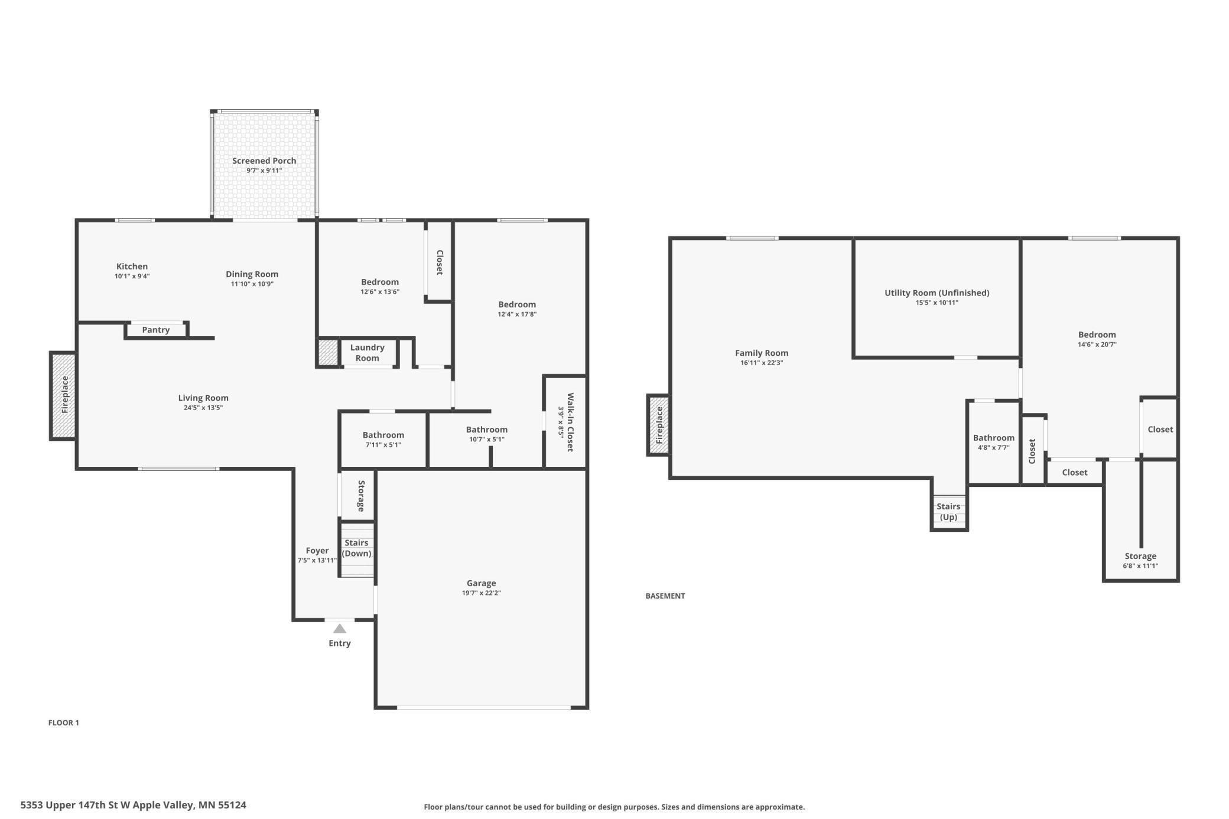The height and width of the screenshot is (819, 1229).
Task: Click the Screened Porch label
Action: [x=264, y=161]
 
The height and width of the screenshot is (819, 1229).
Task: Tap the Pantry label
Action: [x=156, y=330]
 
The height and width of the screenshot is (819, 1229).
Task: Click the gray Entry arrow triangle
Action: [x=339, y=629]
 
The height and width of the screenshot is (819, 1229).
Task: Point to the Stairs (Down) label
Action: [x=356, y=548]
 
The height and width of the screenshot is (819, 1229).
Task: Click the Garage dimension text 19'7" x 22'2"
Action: [x=481, y=593]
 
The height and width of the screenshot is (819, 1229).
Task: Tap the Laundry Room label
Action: [x=367, y=353]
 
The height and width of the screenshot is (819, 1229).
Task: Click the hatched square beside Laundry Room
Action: [x=327, y=352]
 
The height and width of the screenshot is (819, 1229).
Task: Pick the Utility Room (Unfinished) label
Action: [x=937, y=292]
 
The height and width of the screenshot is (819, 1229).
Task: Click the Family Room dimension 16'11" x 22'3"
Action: [x=761, y=363]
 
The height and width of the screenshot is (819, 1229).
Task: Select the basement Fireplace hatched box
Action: [x=659, y=425]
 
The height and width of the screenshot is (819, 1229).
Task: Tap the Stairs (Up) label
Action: [x=948, y=512]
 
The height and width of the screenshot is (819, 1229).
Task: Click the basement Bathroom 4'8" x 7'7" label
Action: [x=993, y=438]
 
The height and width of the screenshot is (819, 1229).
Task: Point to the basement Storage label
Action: [x=1140, y=556]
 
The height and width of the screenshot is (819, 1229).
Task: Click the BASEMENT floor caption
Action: [x=665, y=596]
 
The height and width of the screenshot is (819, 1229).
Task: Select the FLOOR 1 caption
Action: [x=63, y=722]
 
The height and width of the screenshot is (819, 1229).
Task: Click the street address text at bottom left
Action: [x=133, y=805]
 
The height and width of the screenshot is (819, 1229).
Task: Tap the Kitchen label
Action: [x=132, y=266]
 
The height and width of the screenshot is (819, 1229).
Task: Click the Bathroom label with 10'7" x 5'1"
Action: [x=486, y=430]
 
